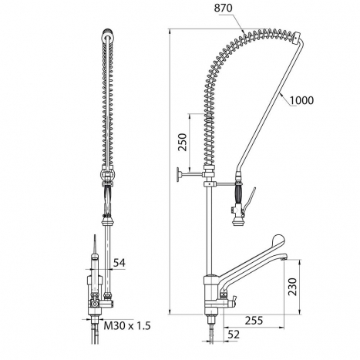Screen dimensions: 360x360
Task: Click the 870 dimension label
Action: coord(224,8)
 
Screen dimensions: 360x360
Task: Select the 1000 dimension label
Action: coord(302,100)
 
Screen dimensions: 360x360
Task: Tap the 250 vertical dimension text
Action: coord(183,142)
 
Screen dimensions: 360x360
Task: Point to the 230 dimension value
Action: coord(292,287)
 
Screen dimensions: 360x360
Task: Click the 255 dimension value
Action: coord(254,321)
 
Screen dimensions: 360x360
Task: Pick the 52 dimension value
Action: coord(234,335)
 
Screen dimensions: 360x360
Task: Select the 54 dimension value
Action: coord(119,263)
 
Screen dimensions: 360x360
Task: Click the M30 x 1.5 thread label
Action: coord(127,326)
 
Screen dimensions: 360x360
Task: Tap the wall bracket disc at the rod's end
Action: coord(178,175)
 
